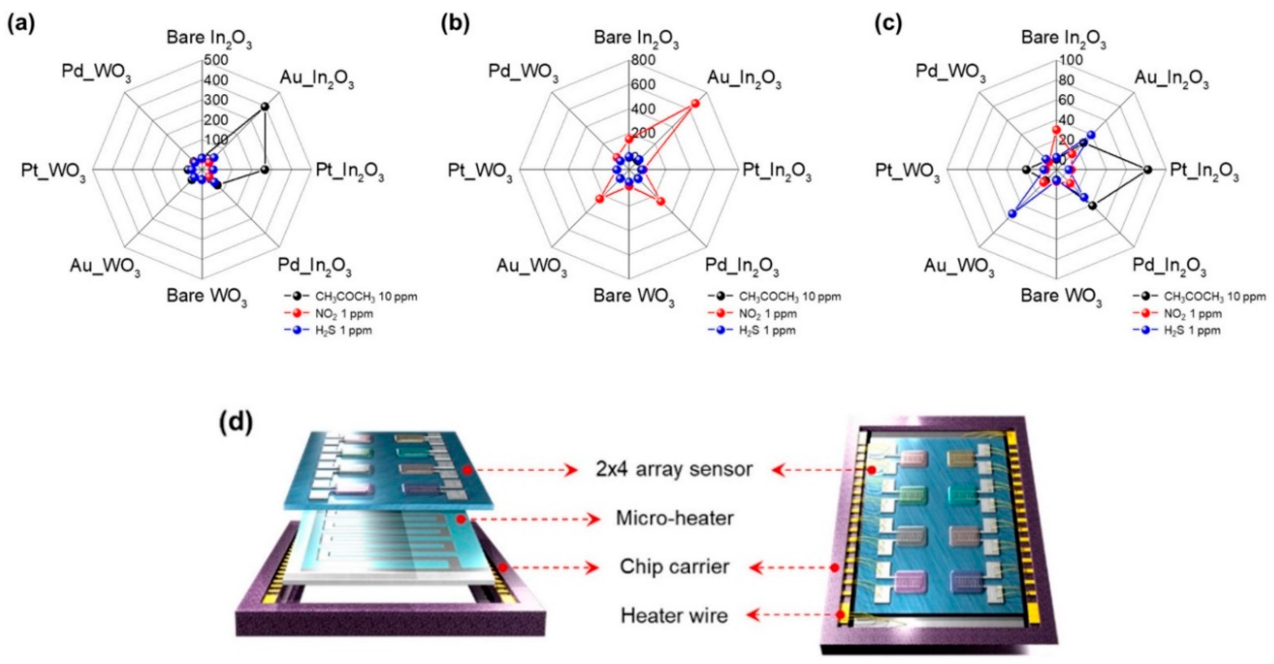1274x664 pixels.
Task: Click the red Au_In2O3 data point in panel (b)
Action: click(x=695, y=103)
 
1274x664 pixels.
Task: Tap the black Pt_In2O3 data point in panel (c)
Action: click(x=1147, y=170)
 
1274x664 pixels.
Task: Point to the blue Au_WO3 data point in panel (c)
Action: click(x=1012, y=214)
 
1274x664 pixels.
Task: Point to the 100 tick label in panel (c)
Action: click(x=1071, y=60)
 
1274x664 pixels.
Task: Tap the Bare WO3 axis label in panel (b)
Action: click(x=634, y=297)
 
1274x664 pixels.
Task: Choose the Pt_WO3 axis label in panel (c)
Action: click(x=907, y=171)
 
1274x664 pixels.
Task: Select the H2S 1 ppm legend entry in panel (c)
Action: click(x=1192, y=330)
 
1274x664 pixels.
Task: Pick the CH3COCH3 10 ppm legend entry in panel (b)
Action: click(x=789, y=297)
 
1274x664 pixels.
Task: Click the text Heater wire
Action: click(x=674, y=616)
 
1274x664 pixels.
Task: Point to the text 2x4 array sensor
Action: click(x=674, y=469)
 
